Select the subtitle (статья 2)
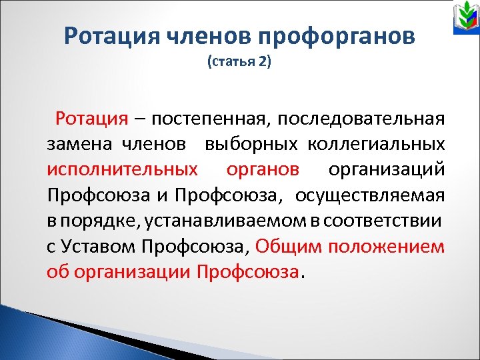239,63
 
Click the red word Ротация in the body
91,119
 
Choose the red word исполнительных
123,170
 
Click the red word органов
263,170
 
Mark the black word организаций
387,170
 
